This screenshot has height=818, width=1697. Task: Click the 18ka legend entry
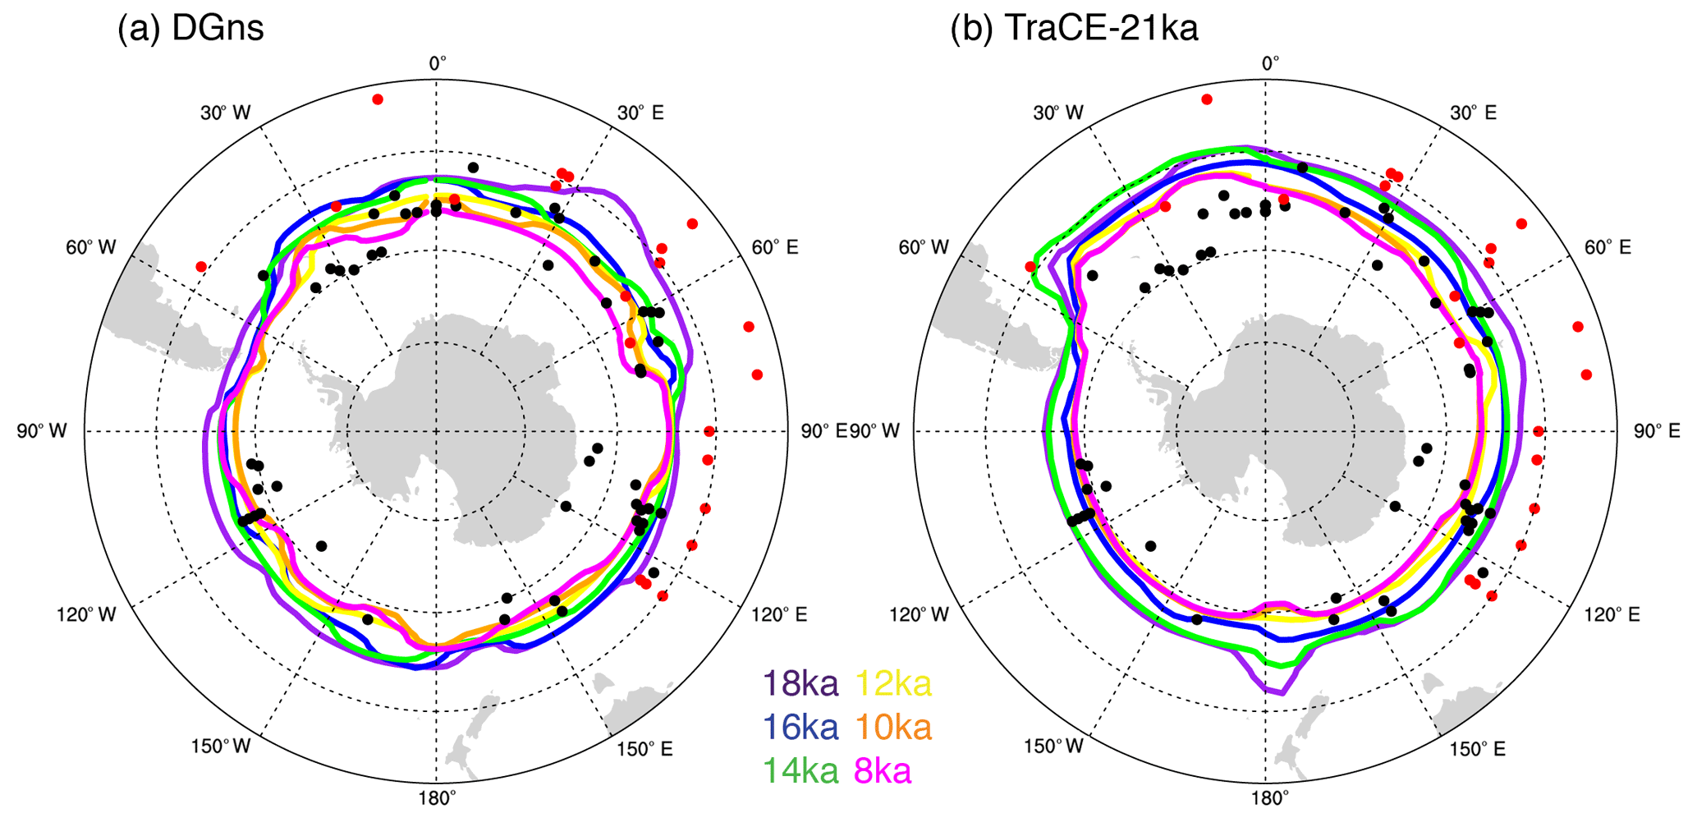800,683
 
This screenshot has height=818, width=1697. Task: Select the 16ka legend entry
800,727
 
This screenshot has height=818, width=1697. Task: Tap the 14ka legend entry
800,771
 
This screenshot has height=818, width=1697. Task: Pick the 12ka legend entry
894,683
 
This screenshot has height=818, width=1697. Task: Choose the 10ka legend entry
894,727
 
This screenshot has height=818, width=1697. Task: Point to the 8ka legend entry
883,771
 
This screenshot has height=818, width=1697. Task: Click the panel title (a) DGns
190,29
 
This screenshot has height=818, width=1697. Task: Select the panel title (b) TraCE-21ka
1074,29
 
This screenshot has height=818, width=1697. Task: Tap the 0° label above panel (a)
438,63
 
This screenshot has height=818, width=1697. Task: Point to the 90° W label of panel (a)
41,431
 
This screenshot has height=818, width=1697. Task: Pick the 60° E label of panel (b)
1607,247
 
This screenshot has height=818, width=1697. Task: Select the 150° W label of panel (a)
221,747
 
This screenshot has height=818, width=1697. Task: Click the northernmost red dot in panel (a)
378,99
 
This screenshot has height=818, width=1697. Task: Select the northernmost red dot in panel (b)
1207,99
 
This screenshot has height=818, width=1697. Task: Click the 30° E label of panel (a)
640,113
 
